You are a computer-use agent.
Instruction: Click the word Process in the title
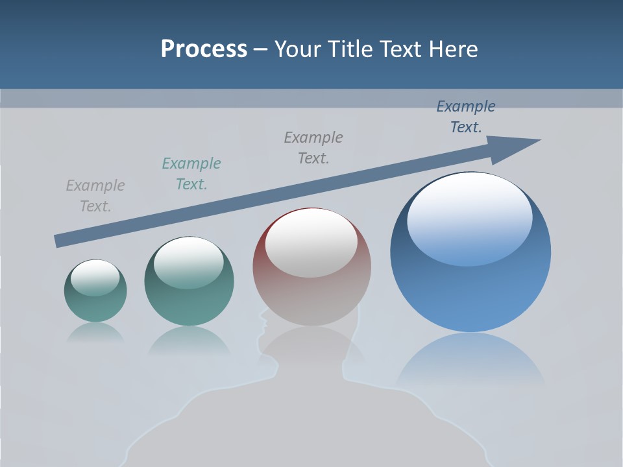coord(204,49)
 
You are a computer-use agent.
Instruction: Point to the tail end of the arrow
coord(58,241)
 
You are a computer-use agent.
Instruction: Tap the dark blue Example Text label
coord(466,117)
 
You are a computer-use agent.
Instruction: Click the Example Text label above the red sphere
coord(313,148)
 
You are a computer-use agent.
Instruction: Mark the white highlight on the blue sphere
coord(469,217)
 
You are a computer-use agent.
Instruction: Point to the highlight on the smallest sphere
coord(95,278)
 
